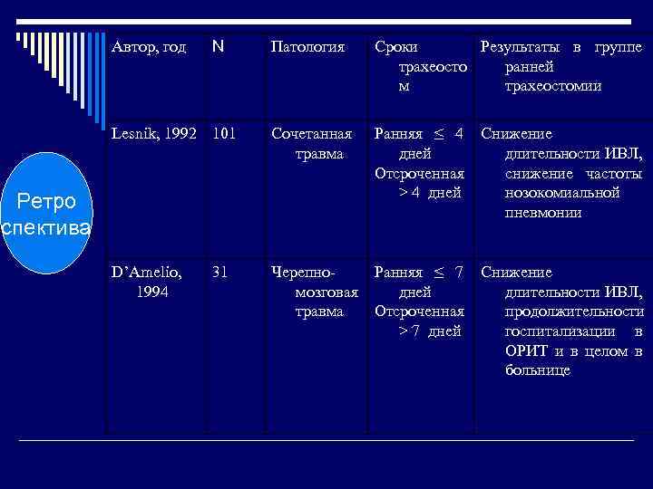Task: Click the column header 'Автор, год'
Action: click(x=148, y=47)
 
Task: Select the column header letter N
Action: click(x=218, y=47)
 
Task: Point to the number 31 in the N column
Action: click(x=219, y=272)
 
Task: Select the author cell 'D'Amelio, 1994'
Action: click(x=145, y=282)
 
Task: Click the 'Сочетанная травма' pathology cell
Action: click(x=312, y=145)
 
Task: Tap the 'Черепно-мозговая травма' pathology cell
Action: click(x=312, y=292)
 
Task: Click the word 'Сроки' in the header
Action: click(x=396, y=47)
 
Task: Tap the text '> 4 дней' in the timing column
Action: click(x=430, y=193)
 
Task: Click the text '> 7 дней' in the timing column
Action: click(x=430, y=331)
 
